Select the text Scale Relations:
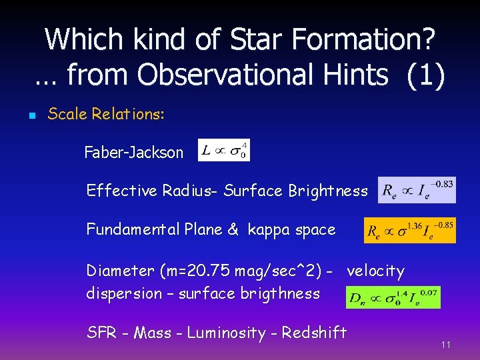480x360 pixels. pos(106,114)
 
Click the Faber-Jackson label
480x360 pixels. pos(133,153)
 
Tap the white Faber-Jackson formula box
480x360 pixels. pos(224,150)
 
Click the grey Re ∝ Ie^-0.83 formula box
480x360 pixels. pos(417,190)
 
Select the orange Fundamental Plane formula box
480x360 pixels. pos(409,230)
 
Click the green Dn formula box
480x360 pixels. pos(393,297)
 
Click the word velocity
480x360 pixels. pos(375,271)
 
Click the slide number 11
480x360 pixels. pos(446,345)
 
